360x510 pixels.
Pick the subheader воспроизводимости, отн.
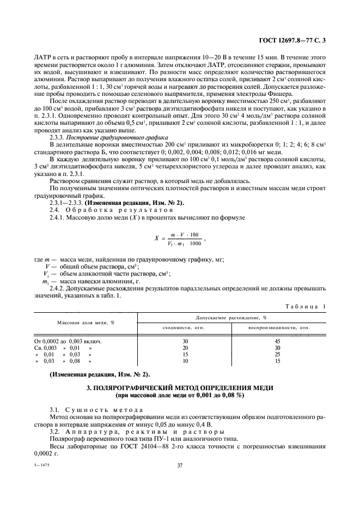coord(279,327)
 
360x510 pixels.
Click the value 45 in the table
coord(278,341)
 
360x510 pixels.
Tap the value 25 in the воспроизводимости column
coord(278,354)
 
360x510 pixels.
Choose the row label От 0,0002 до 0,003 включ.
coord(68,341)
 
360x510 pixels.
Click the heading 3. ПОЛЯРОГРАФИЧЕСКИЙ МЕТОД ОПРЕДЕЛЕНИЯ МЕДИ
coord(180,387)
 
